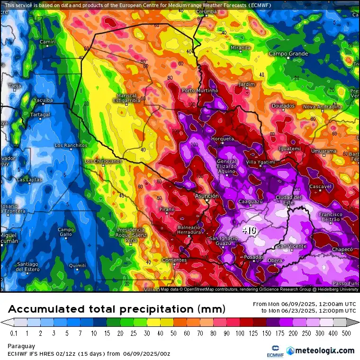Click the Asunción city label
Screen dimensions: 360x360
click(207, 196)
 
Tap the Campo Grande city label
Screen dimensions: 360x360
click(288, 54)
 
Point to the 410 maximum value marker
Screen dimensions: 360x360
click(249, 230)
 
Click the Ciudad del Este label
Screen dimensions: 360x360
click(288, 199)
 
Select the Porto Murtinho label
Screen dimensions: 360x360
click(200, 90)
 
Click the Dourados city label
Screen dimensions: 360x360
click(283, 106)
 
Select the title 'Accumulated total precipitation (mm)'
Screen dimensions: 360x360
click(116, 309)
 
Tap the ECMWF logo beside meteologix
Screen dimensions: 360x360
click(272, 351)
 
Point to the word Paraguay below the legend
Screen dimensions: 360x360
click(21, 346)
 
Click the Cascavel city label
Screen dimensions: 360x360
click(320, 187)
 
